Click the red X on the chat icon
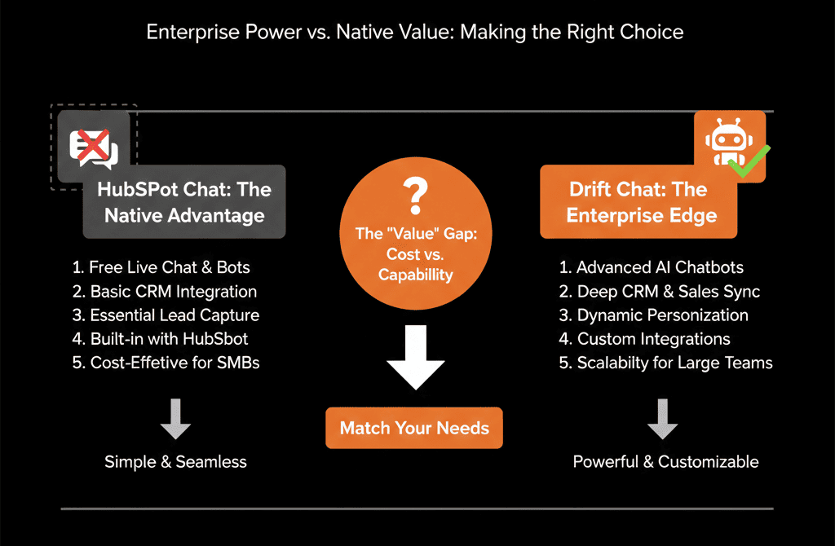pyautogui.click(x=94, y=145)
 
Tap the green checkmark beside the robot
pyautogui.click(x=749, y=161)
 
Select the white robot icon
pyautogui.click(x=728, y=142)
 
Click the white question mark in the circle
pyautogui.click(x=415, y=196)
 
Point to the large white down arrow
pyautogui.click(x=415, y=357)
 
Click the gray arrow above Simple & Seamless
pyautogui.click(x=176, y=419)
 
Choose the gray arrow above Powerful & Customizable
pyautogui.click(x=662, y=419)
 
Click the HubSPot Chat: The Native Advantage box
pyautogui.click(x=184, y=201)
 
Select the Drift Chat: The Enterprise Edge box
pyautogui.click(x=638, y=201)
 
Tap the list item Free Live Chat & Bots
pyautogui.click(x=161, y=267)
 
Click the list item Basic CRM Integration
pyautogui.click(x=165, y=292)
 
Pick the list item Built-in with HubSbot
pyautogui.click(x=160, y=339)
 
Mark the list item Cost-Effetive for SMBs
pyautogui.click(x=166, y=363)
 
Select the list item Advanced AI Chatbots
pyautogui.click(x=652, y=267)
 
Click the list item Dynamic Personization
pyautogui.click(x=653, y=315)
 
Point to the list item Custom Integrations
pyautogui.click(x=644, y=339)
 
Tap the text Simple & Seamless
pyautogui.click(x=176, y=462)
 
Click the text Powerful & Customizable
pyautogui.click(x=665, y=462)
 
